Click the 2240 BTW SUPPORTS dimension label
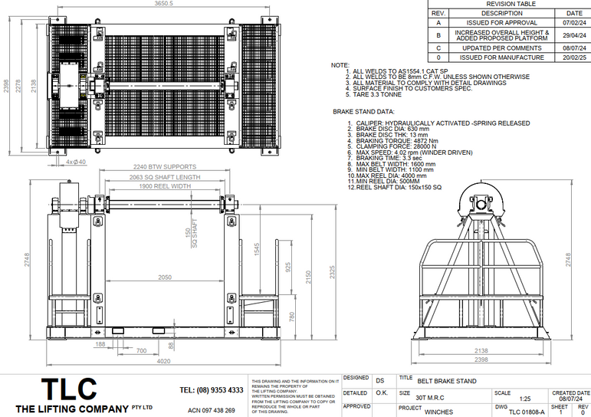tap(165, 166)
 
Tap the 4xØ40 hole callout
tap(76, 162)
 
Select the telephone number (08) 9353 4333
tap(212, 390)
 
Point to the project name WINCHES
tap(438, 411)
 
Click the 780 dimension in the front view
tap(292, 316)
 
